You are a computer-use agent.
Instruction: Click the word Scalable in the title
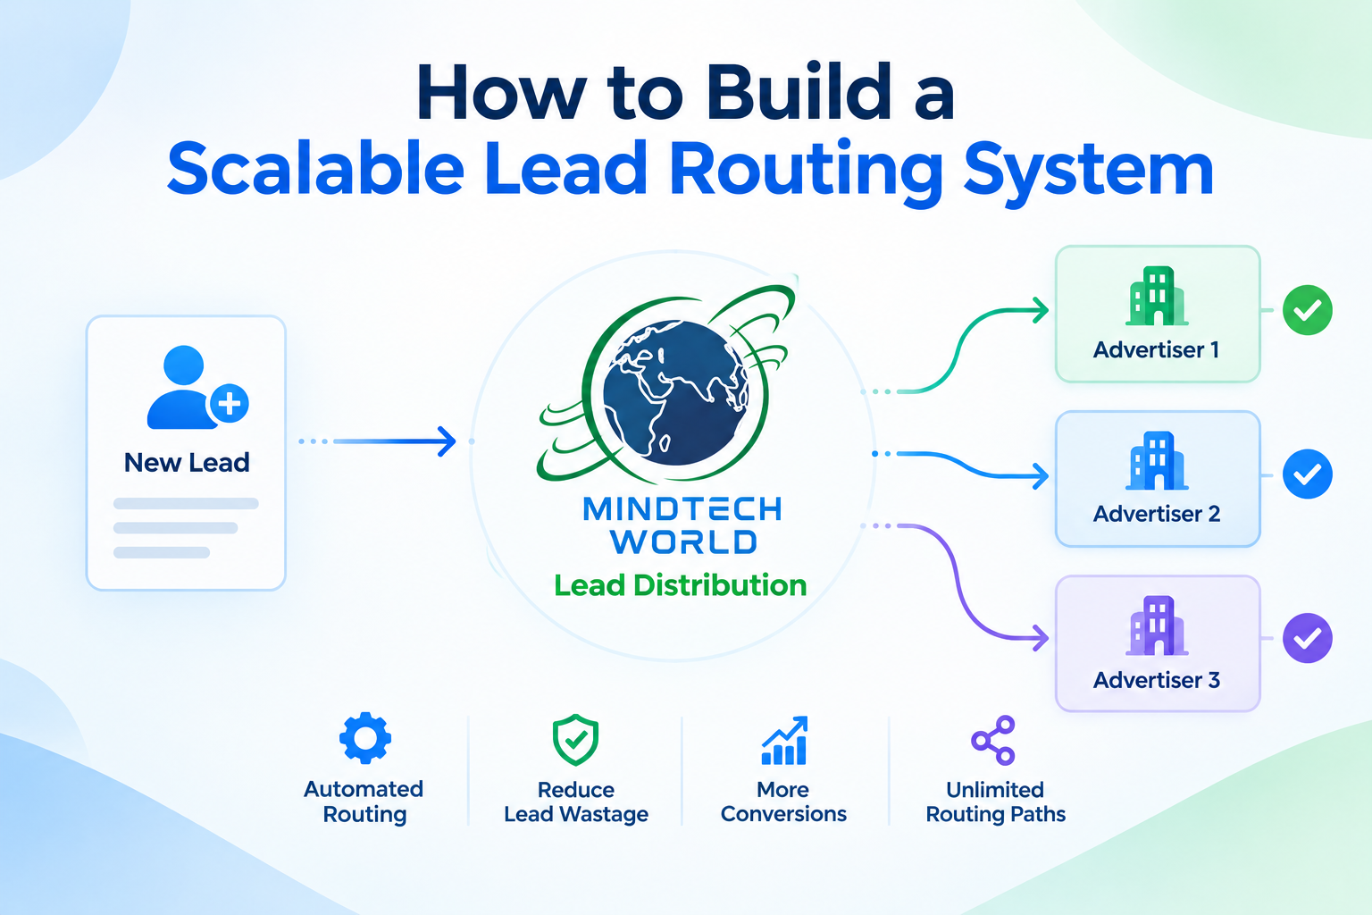tap(315, 167)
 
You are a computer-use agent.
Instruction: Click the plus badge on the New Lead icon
tap(229, 404)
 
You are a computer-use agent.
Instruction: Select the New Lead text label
tap(187, 463)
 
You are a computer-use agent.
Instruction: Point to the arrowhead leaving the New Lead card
tap(448, 441)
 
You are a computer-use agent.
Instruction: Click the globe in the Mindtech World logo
tap(675, 393)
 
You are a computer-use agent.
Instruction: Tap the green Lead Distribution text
tap(680, 585)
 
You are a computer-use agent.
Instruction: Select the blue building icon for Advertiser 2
tap(1157, 460)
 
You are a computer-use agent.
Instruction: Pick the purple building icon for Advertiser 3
tap(1157, 625)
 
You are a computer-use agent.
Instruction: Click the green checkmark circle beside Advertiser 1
tap(1308, 310)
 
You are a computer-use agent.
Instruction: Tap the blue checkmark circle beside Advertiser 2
tap(1308, 474)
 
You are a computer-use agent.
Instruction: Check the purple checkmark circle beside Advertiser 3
tap(1308, 638)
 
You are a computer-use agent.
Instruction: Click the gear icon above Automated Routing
tap(365, 738)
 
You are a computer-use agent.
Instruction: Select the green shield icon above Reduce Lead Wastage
tap(575, 740)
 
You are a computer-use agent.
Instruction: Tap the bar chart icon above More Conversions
tap(784, 741)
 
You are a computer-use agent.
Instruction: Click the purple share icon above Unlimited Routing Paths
tap(993, 741)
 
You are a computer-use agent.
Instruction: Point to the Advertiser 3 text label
tap(1157, 680)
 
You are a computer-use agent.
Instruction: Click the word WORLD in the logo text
tap(683, 541)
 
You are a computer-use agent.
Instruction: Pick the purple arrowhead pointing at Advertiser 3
tap(1041, 638)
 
